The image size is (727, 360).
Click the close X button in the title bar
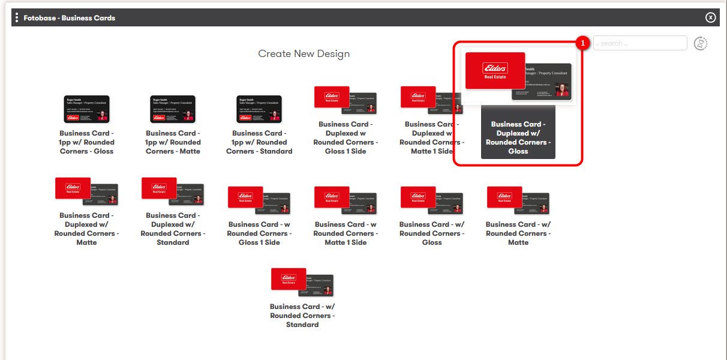tap(711, 17)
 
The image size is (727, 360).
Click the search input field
tap(640, 43)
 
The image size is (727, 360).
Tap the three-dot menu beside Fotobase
tap(17, 17)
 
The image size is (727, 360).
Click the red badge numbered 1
tap(581, 43)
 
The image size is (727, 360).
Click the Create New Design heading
tap(304, 53)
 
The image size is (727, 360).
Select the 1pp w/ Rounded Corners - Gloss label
tap(86, 142)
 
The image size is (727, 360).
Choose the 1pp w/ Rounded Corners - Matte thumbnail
tap(173, 109)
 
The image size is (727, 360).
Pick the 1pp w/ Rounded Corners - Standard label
tap(259, 142)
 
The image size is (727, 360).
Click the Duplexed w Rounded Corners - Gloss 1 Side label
tap(346, 137)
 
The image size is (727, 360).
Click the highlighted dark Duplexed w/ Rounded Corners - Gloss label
tap(518, 138)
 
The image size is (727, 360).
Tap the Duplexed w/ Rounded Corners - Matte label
tap(86, 229)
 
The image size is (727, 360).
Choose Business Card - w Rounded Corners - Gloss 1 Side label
tap(259, 233)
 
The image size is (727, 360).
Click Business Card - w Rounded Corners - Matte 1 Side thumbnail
tap(346, 200)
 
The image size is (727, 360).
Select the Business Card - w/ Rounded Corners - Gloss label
tap(432, 233)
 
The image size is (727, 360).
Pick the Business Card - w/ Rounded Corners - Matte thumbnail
tap(518, 200)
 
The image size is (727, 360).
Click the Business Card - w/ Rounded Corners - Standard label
tap(302, 316)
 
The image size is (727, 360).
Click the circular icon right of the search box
tap(701, 43)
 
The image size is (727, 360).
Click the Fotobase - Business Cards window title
tap(70, 18)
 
